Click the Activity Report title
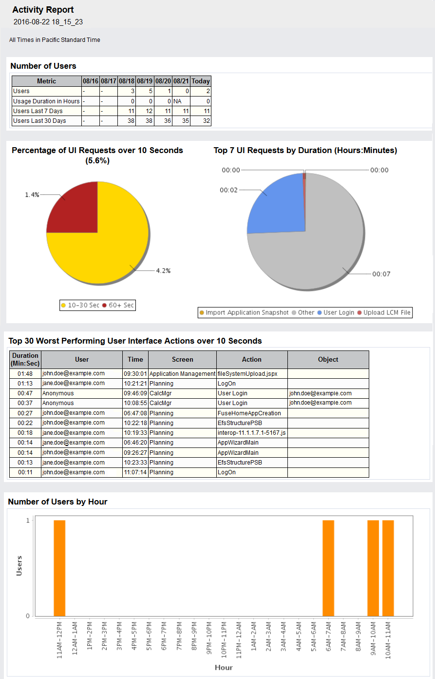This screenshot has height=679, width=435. tap(43, 10)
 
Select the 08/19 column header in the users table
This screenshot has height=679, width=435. tap(145, 81)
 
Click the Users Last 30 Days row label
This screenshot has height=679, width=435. tap(39, 121)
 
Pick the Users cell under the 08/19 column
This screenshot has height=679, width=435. tap(145, 91)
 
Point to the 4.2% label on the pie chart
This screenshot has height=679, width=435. tap(163, 271)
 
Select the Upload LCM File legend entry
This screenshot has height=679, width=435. tap(384, 312)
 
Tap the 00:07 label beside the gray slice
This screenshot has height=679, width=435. tap(381, 274)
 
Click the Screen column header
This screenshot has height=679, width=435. tap(183, 360)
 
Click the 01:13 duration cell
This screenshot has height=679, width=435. tap(25, 384)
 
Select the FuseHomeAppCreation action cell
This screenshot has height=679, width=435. tap(249, 413)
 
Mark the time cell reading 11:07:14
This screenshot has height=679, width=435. tap(135, 472)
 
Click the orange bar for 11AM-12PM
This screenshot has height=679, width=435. tap(59, 568)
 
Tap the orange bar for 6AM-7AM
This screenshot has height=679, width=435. tap(328, 568)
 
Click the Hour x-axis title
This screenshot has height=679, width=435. tap(224, 667)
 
